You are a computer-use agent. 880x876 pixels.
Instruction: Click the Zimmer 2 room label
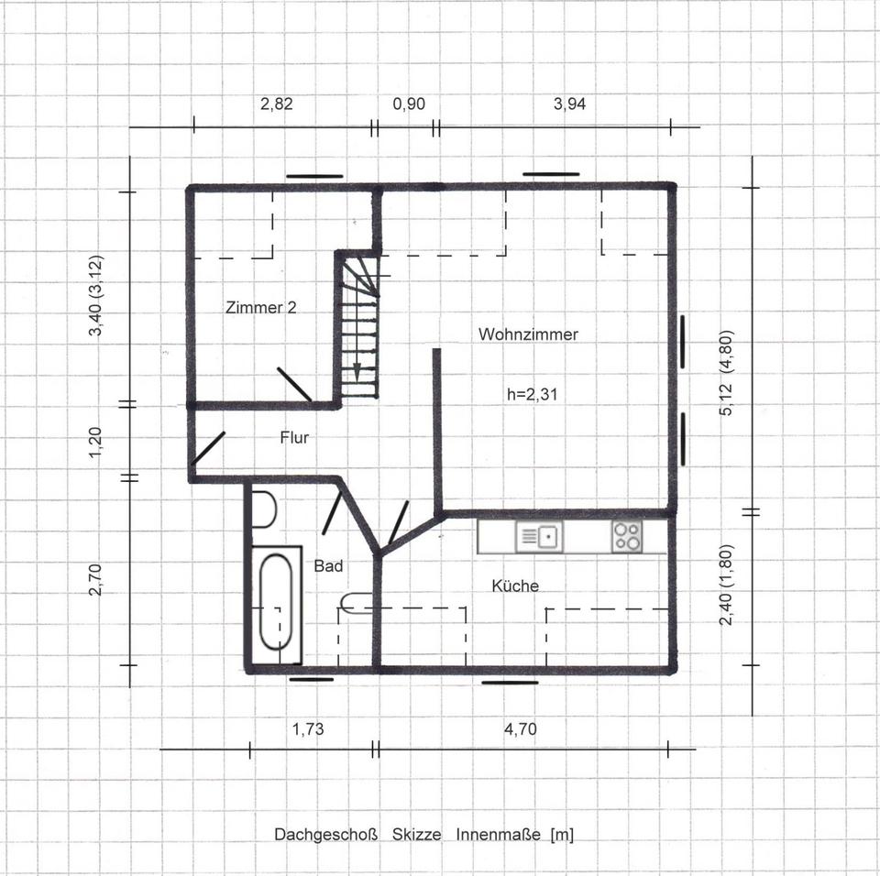point(261,308)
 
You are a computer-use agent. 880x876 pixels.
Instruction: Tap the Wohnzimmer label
point(528,334)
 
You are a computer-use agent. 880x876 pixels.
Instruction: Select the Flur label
point(294,438)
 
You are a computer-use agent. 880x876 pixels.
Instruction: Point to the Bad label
point(328,565)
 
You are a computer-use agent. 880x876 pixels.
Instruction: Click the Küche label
point(515,586)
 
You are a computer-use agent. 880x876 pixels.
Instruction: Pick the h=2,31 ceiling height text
point(532,395)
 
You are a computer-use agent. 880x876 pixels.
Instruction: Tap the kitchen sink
point(539,536)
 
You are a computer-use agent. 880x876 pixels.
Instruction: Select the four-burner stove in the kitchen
point(627,536)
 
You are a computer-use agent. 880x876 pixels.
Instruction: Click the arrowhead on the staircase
point(357,371)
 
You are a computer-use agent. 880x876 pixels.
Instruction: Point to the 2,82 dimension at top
point(277,104)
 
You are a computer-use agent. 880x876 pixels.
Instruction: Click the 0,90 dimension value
point(409,104)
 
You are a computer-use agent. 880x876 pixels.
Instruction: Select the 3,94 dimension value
point(569,104)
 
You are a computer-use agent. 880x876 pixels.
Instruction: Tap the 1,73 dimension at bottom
point(308,729)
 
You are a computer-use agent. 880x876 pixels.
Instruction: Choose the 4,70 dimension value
point(521,729)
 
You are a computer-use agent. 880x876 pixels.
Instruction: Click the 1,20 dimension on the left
point(96,442)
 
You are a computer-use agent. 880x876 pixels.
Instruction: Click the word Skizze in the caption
point(416,835)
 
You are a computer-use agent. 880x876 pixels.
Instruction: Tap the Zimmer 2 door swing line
point(294,385)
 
